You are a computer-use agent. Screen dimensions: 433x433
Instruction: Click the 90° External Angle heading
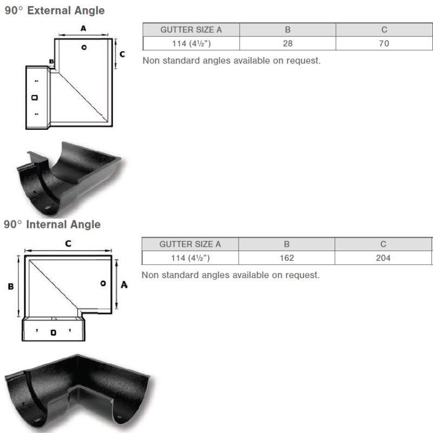point(55,10)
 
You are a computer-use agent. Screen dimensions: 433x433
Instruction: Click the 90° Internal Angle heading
point(52,224)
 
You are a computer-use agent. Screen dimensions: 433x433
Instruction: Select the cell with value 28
point(287,43)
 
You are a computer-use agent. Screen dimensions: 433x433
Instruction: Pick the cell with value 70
point(384,43)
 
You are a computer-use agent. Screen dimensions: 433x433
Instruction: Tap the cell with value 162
point(287,258)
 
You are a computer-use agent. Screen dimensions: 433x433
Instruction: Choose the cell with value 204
point(383,258)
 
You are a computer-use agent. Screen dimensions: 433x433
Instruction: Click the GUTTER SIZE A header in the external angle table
point(191,30)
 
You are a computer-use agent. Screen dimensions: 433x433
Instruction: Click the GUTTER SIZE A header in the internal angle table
point(190,244)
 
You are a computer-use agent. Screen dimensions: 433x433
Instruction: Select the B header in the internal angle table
point(287,244)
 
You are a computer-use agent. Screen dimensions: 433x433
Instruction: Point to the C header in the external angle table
point(384,30)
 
